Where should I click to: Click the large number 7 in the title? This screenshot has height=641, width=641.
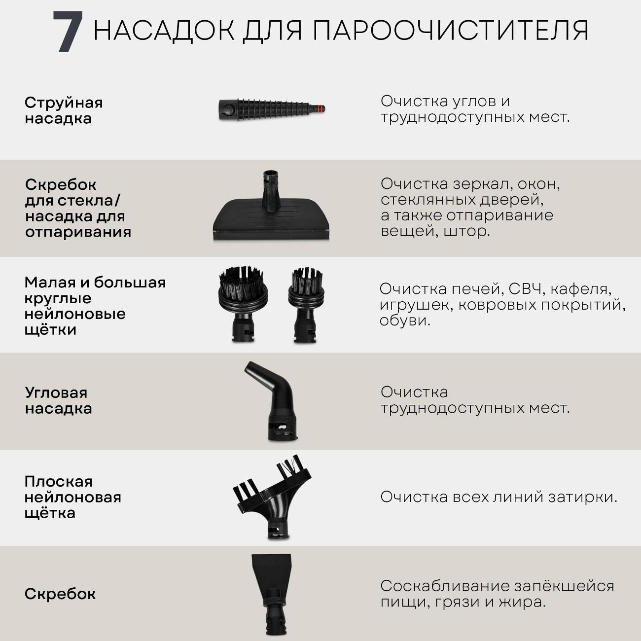tap(68, 32)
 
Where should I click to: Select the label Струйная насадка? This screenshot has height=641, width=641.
tap(64, 110)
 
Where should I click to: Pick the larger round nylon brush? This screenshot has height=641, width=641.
tap(243, 303)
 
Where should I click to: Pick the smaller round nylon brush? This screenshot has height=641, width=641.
tap(306, 305)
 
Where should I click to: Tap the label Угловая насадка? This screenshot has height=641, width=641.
tap(59, 401)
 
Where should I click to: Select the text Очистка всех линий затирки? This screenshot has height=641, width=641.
tap(499, 497)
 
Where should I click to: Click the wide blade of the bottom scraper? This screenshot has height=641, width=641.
tap(271, 571)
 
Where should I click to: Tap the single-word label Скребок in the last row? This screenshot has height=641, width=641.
tap(60, 594)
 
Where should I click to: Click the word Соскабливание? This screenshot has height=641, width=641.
tap(445, 586)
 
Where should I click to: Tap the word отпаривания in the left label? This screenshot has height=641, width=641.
tap(78, 232)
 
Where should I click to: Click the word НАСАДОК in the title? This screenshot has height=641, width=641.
tap(164, 31)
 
